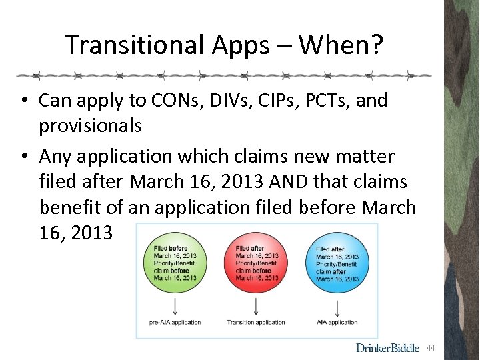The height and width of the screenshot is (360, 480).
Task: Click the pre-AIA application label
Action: (174, 323)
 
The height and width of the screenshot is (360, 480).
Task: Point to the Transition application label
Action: (256, 323)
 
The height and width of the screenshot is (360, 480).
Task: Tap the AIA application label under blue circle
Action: (337, 323)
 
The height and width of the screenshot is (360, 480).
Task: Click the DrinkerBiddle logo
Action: (387, 347)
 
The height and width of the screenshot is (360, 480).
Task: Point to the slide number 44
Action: (431, 347)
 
